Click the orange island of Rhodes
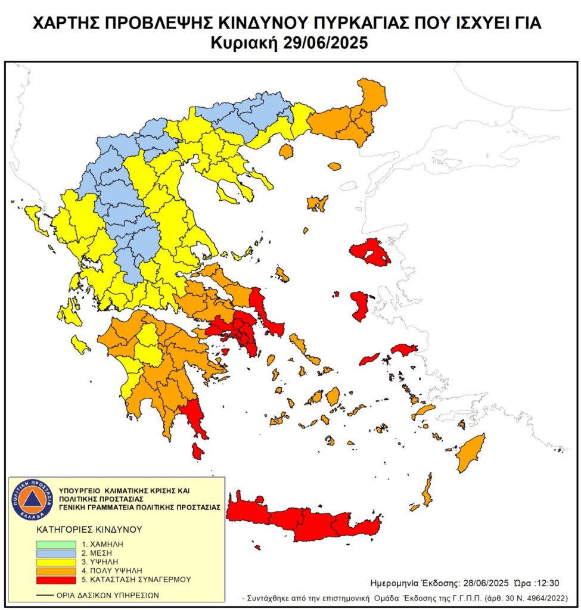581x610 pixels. click(471, 452)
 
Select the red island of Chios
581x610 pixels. click(359, 305)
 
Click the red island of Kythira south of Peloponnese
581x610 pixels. click(198, 451)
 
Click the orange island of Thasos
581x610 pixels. click(287, 151)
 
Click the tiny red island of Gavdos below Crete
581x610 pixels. click(257, 546)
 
